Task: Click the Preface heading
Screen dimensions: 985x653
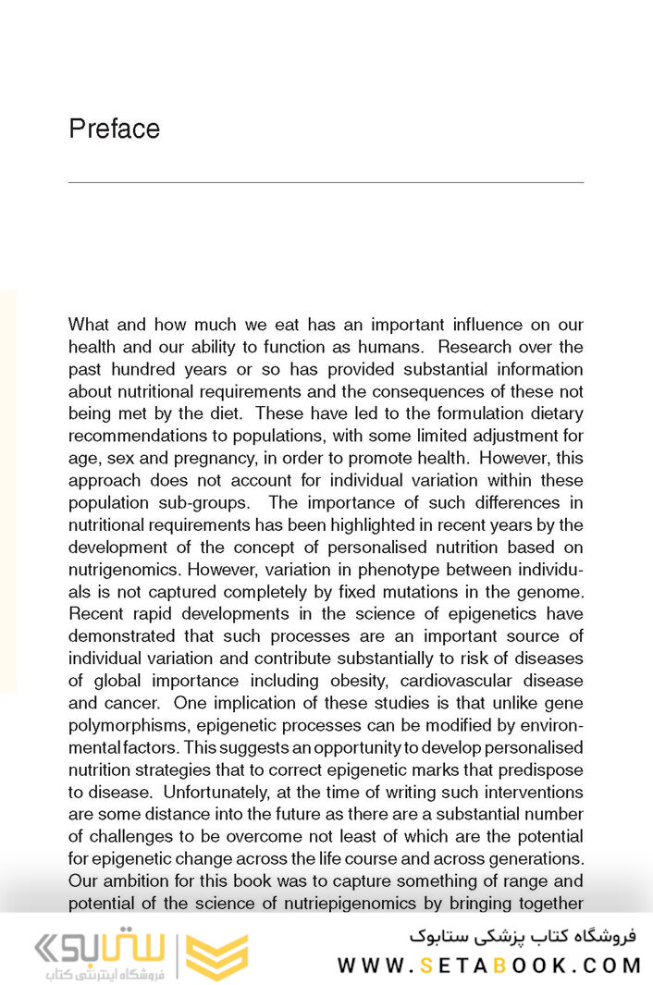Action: click(x=114, y=129)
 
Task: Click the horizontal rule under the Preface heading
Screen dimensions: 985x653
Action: click(x=326, y=182)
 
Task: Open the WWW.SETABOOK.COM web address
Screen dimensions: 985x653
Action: click(x=488, y=966)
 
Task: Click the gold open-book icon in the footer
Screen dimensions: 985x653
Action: click(x=216, y=956)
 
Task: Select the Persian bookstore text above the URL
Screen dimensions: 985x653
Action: click(x=524, y=935)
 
